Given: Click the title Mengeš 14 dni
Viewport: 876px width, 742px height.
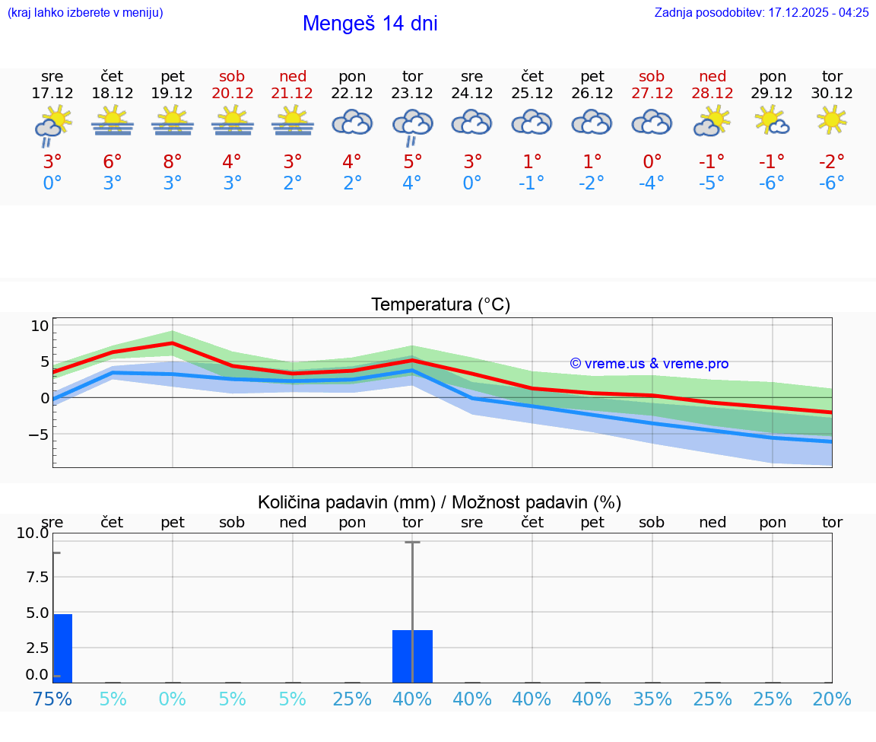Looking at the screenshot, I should click(370, 24).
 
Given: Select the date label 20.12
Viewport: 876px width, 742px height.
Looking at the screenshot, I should click(232, 93).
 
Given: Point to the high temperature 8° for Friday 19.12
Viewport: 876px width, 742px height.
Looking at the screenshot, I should click(173, 161).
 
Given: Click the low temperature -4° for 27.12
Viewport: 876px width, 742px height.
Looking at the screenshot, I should click(652, 183).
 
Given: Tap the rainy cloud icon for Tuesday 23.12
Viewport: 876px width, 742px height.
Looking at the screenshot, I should click(412, 125).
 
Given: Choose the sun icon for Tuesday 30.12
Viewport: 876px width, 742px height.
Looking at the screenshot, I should click(832, 120).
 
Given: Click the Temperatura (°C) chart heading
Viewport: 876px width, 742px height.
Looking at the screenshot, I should click(440, 305).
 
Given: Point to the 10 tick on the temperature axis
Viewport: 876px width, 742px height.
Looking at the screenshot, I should click(40, 326).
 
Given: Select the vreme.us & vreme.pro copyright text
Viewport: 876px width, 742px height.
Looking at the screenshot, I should click(649, 364).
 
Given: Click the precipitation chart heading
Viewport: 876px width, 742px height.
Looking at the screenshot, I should click(440, 502).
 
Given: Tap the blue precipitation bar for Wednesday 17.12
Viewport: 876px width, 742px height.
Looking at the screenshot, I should click(63, 648).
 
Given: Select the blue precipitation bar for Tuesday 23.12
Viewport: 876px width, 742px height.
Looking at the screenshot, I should click(412, 656).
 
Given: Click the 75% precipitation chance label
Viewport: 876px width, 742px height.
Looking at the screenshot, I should click(52, 699).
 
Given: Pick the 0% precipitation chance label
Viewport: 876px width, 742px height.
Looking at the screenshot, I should click(173, 699).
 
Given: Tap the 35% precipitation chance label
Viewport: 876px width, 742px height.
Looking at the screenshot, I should click(652, 699).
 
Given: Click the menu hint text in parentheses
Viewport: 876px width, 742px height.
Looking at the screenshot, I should click(85, 13).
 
